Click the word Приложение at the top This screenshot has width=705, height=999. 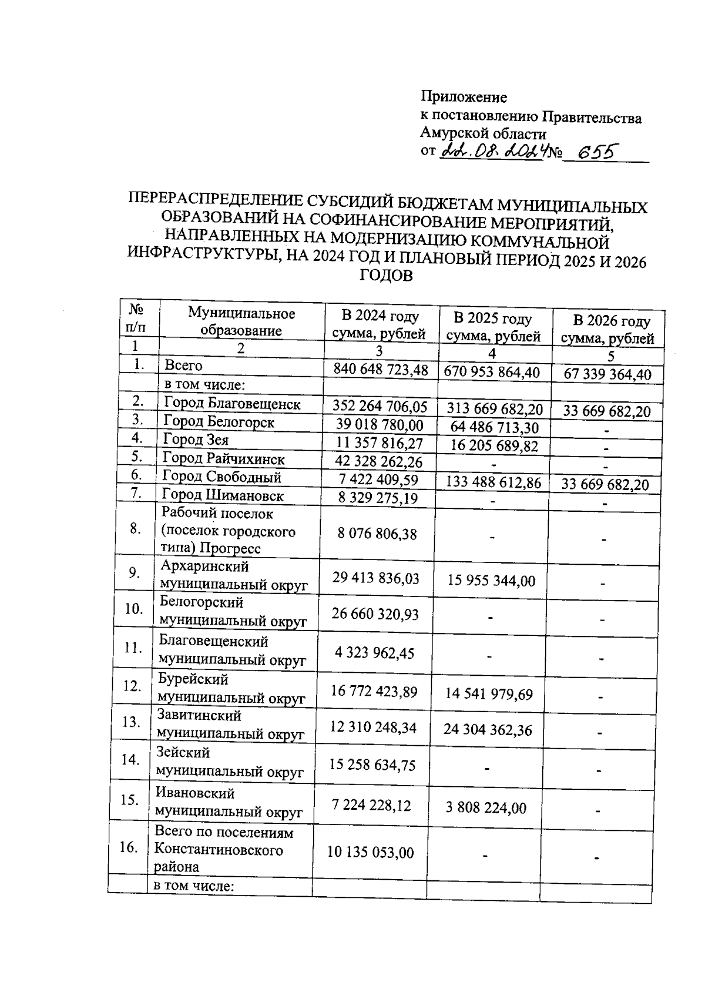coord(464,97)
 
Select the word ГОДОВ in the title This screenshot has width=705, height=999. coord(386,276)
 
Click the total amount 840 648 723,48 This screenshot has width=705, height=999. coord(381,370)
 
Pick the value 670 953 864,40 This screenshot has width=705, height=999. coord(492,372)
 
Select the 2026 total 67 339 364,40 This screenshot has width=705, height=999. coord(607,374)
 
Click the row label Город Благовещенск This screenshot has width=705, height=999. coord(232,404)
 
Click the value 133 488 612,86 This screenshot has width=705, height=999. coord(493,482)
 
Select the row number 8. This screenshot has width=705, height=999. coord(135,528)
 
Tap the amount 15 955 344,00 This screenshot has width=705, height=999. coord(491,581)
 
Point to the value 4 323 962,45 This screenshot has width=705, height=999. coord(374,653)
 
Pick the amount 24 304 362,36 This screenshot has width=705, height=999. coord(488,730)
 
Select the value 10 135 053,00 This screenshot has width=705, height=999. coord(370,852)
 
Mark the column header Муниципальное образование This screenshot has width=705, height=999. coord(241,321)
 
